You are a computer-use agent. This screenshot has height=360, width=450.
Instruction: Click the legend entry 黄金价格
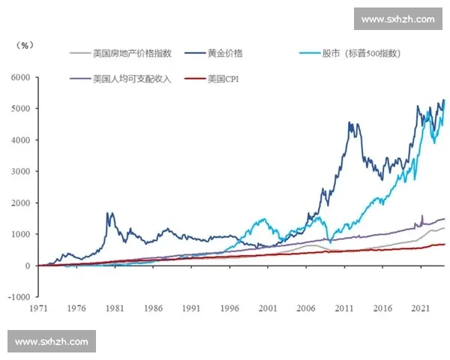point(224,53)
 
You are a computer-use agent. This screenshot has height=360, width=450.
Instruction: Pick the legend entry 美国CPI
point(226,78)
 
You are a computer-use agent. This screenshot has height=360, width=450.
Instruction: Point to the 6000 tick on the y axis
point(20,77)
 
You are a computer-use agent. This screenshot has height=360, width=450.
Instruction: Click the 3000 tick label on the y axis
point(20,172)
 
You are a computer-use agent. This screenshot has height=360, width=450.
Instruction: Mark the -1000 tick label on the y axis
point(19,297)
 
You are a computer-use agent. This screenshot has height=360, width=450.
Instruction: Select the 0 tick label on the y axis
point(28,265)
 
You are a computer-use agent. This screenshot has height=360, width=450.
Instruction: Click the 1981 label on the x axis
point(114,308)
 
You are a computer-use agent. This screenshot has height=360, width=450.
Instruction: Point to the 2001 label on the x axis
point(267,308)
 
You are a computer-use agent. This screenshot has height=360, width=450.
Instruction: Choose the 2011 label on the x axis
point(344,308)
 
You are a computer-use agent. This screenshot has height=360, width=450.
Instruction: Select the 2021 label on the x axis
point(421,308)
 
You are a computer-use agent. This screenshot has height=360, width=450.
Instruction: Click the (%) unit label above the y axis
point(25,45)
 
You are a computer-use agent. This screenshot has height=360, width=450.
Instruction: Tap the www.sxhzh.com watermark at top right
point(397,19)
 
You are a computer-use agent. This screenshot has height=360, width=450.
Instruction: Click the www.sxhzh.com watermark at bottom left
point(51,342)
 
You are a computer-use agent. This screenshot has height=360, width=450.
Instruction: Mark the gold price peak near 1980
point(110,214)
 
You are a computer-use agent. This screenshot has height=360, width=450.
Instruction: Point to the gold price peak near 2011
point(349,124)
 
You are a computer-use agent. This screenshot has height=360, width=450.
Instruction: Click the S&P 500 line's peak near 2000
point(263,219)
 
